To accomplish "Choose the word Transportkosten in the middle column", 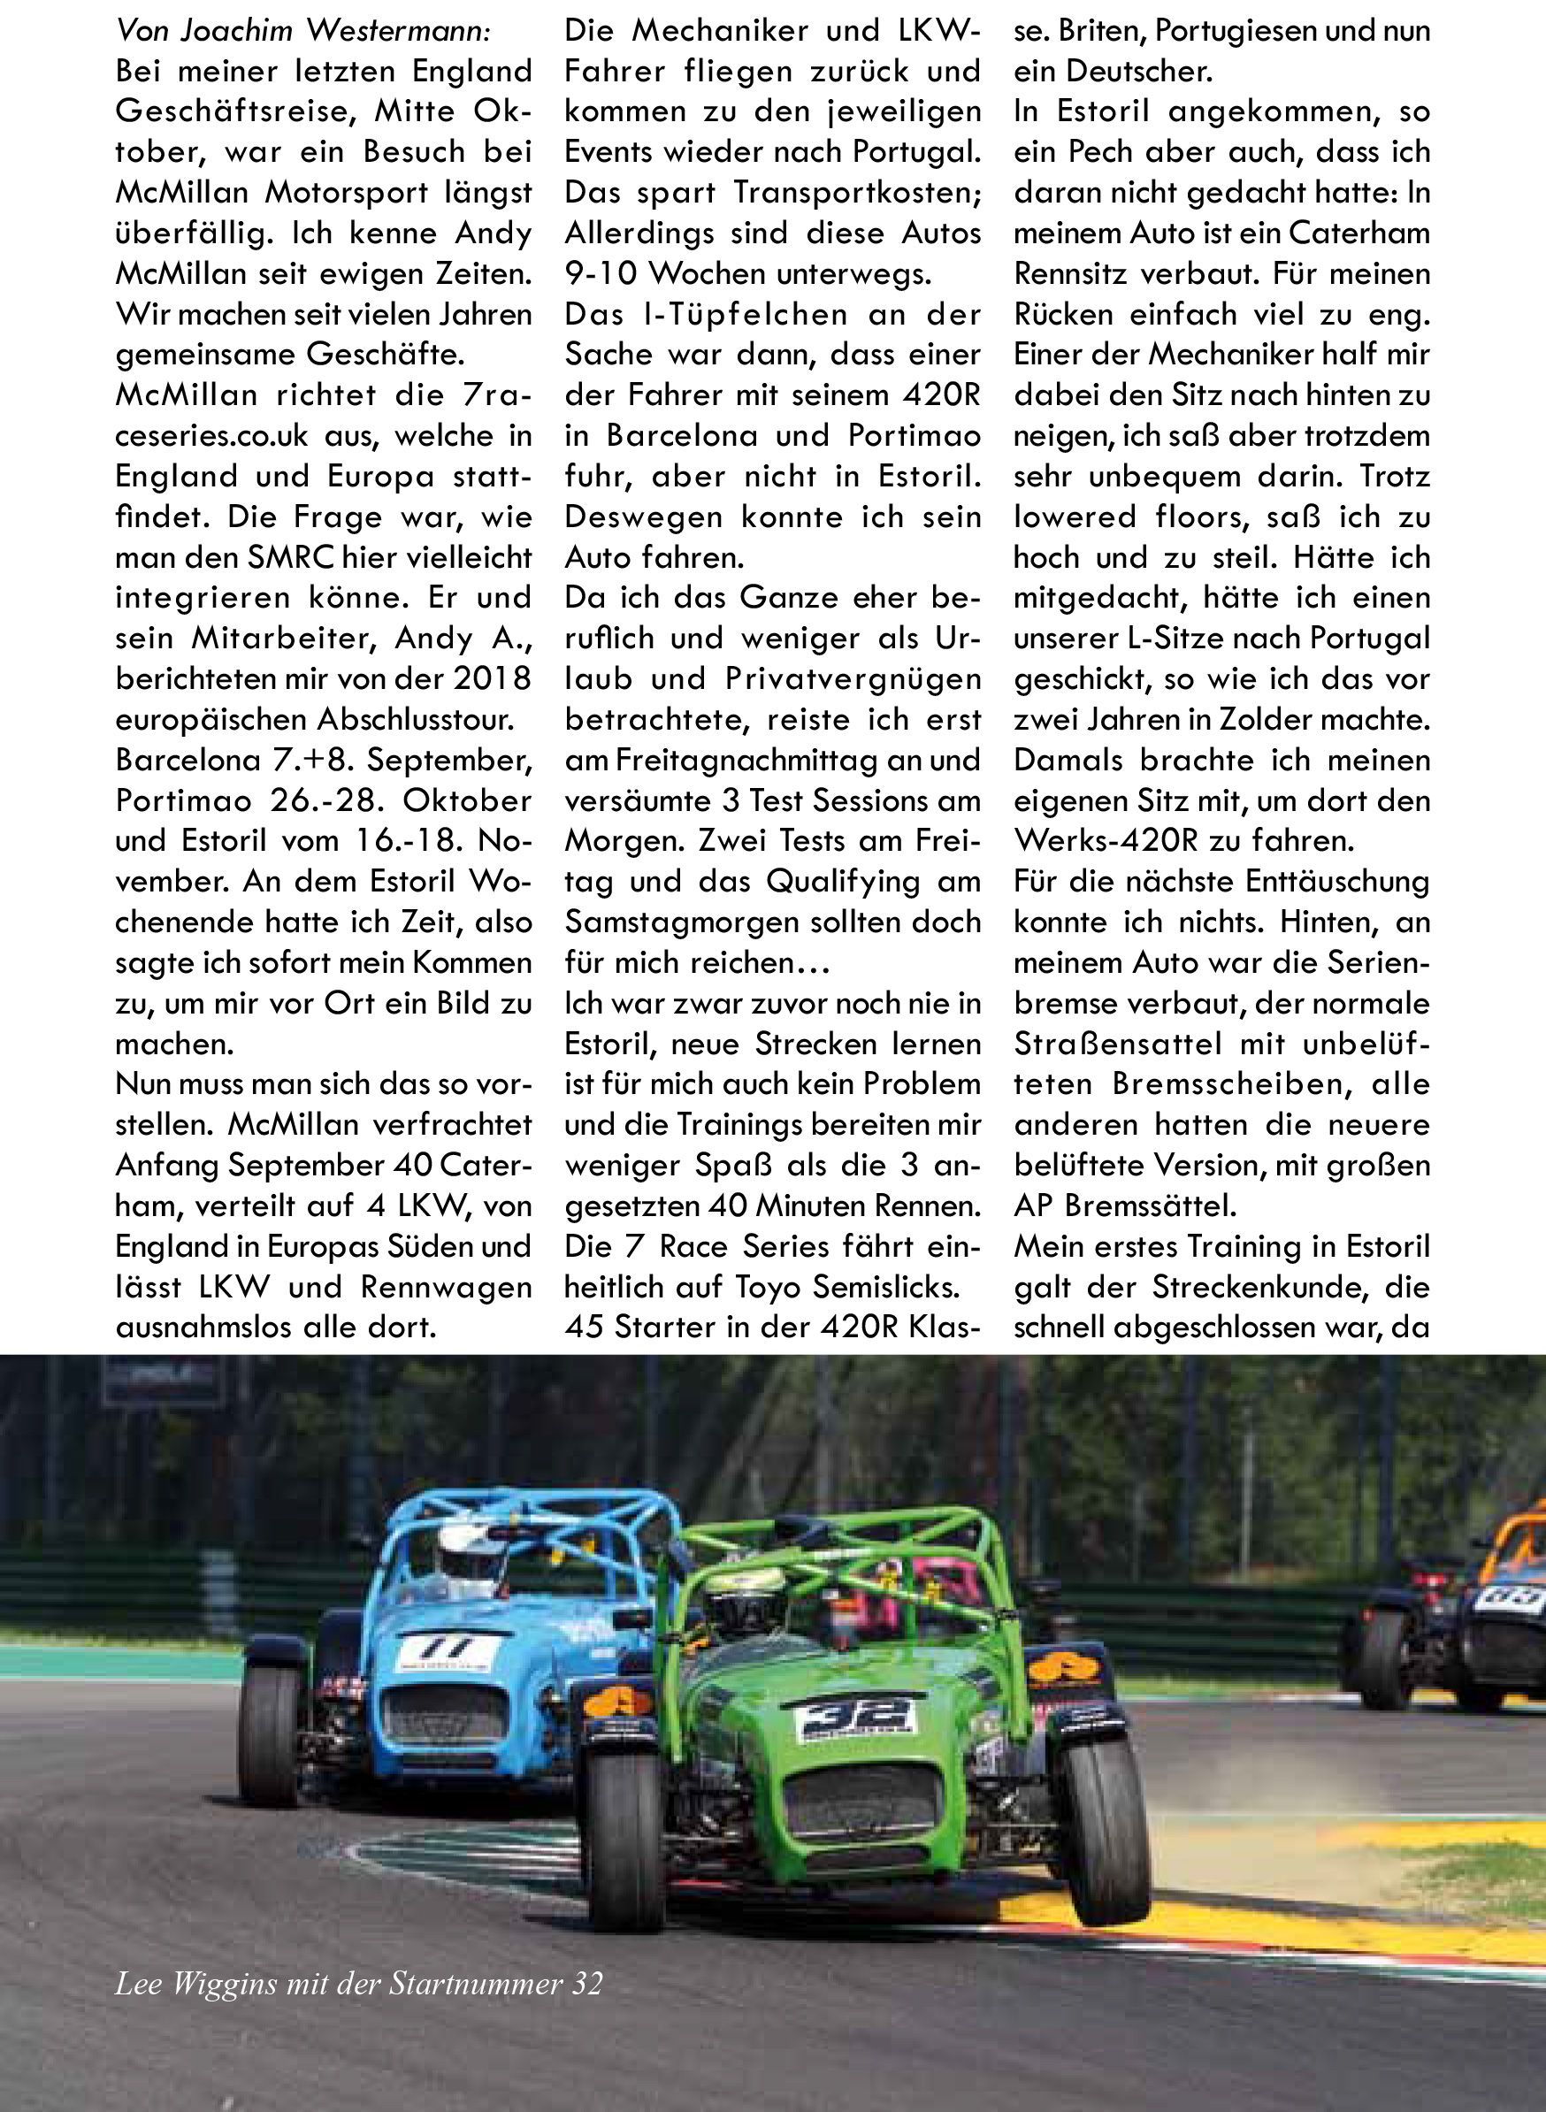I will point(857,192).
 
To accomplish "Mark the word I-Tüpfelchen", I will point(745,315).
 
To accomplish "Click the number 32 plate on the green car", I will point(854,1714).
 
